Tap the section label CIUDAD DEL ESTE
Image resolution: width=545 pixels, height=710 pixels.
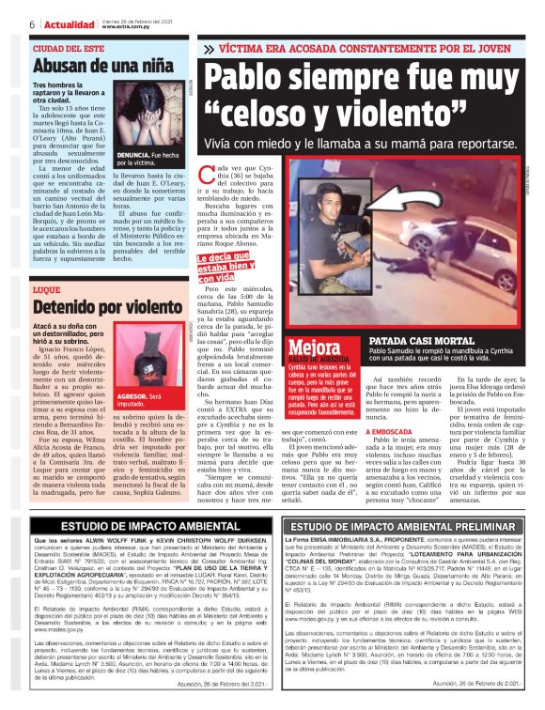pos(67,48)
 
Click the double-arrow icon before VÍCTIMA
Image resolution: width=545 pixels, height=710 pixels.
pos(210,48)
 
